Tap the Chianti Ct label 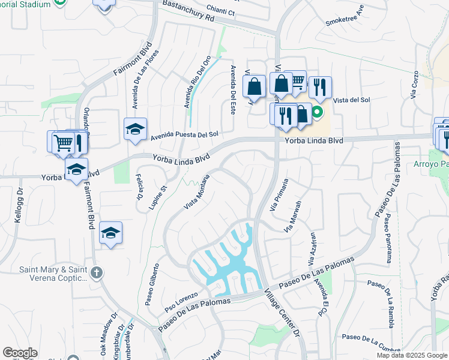coord(220,11)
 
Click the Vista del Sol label coord(351,100)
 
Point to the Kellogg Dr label coord(18,208)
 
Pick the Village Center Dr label coord(282,311)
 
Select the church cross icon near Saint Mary coord(98,272)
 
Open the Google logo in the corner coord(20,353)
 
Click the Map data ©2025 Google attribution coord(412,355)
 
